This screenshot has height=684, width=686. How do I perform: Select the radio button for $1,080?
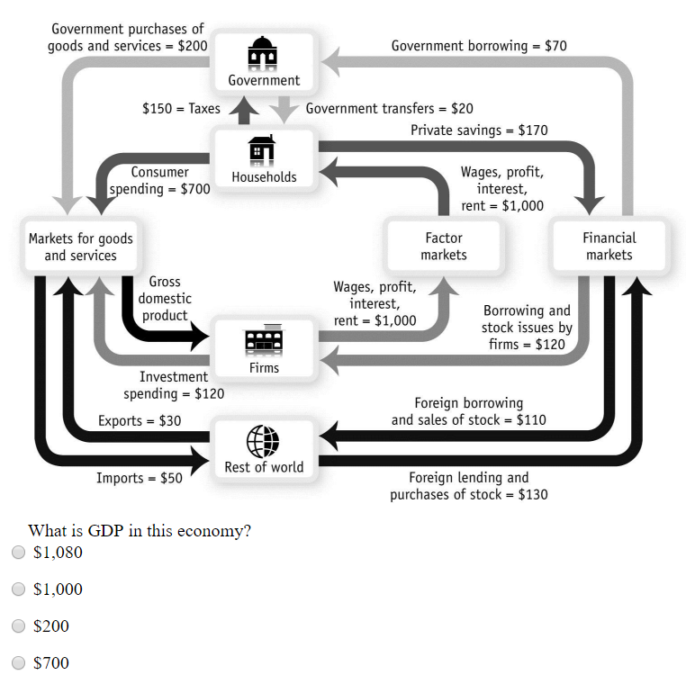coord(18,553)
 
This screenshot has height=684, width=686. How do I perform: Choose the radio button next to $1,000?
coord(18,589)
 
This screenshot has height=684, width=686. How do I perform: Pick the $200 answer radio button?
coord(18,626)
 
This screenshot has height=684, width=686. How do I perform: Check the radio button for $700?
coord(18,663)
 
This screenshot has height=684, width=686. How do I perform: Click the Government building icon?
coord(263,53)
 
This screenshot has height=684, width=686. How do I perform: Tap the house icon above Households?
coord(263,149)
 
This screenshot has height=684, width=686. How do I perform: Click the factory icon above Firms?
coord(263,340)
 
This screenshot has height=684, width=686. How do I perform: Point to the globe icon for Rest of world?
coord(263,441)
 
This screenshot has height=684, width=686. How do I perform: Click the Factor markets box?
coord(443,246)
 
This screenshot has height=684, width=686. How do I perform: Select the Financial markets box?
coord(609,246)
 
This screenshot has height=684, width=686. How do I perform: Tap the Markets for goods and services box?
coord(80,247)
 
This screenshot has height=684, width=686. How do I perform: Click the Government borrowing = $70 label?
coord(478,45)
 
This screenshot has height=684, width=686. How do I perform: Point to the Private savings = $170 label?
coord(479,130)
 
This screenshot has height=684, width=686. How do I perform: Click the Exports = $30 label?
coord(140,421)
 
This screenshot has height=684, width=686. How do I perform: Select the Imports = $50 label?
coord(140,478)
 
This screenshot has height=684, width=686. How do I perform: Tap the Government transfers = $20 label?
coord(389,109)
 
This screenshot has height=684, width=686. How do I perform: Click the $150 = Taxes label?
coord(181,109)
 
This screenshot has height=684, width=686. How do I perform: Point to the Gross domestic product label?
coord(165,299)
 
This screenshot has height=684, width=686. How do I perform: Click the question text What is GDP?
coord(140,530)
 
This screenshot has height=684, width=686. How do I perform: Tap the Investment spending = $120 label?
coord(174,385)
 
